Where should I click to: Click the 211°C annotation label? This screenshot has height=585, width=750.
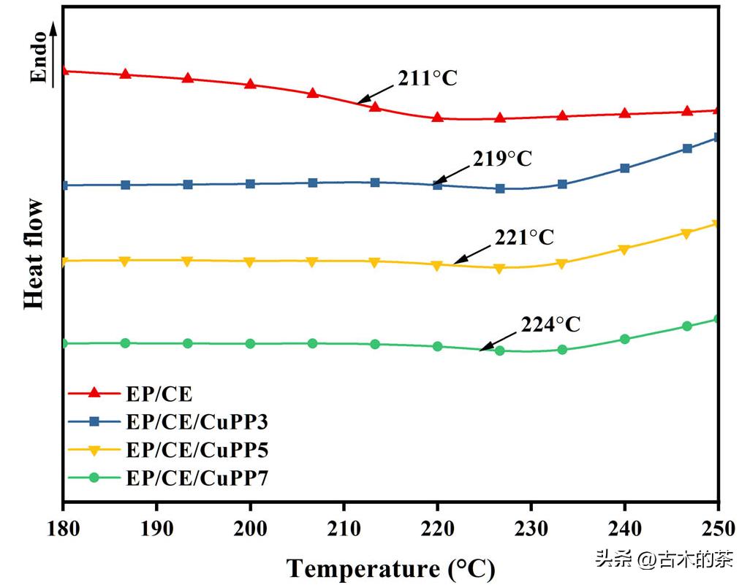point(428,78)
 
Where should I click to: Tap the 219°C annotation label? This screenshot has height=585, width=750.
point(503,158)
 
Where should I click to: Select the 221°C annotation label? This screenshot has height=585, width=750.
point(524,237)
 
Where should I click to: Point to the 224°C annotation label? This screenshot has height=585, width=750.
point(550,324)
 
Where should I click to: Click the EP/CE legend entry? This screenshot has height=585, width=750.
point(159,394)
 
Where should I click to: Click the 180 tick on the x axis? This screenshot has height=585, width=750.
point(64,528)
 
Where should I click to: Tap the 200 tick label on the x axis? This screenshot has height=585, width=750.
point(251,528)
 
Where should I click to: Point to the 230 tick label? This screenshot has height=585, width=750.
point(531,528)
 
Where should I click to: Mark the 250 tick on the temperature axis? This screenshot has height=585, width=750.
point(718,528)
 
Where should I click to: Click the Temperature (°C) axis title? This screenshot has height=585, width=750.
point(390,567)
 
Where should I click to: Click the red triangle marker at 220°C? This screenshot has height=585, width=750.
point(437,117)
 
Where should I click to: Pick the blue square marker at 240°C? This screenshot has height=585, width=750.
point(625,168)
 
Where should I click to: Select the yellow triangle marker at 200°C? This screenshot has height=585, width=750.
point(251,261)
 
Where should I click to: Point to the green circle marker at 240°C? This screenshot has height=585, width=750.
point(625,339)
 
